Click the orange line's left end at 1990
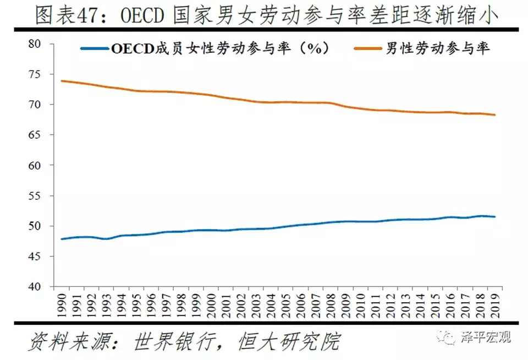61,81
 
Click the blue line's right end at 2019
495,216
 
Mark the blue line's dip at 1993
106,239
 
